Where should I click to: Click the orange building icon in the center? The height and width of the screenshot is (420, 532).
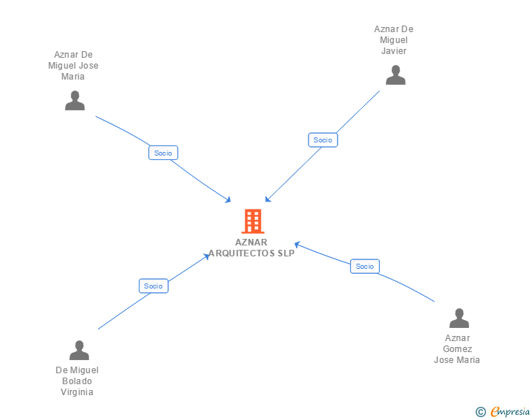(x=252, y=221)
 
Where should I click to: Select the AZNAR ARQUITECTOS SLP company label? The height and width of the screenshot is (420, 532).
(x=251, y=248)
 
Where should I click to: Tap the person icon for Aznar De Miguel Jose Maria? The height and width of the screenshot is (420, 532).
(x=75, y=101)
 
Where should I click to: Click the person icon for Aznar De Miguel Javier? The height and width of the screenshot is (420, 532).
(x=395, y=75)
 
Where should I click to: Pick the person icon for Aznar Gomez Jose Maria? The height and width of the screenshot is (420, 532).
(x=458, y=318)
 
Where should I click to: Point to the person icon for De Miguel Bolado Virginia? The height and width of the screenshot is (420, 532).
(x=79, y=351)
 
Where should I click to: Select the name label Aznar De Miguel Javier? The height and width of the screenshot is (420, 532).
(x=394, y=40)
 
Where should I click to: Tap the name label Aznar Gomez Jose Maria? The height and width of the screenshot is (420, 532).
(x=457, y=349)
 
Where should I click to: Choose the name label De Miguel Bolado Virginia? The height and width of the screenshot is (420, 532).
(x=77, y=381)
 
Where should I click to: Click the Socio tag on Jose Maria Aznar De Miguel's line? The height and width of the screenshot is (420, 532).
(x=163, y=153)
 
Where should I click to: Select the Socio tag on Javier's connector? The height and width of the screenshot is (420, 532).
(x=322, y=140)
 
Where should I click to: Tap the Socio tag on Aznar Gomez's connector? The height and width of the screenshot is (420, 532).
(x=365, y=266)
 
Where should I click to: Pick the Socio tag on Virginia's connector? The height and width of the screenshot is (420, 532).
(x=153, y=286)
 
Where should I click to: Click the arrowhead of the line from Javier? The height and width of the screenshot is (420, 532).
(x=267, y=199)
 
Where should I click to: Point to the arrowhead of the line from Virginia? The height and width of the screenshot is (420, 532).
(x=208, y=256)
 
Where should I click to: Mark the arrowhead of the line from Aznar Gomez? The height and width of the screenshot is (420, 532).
(x=297, y=244)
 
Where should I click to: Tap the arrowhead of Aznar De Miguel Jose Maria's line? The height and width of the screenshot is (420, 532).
(x=229, y=200)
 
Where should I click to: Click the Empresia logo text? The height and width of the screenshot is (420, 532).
(x=510, y=412)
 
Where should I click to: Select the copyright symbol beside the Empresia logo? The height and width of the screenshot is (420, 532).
(x=480, y=412)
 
